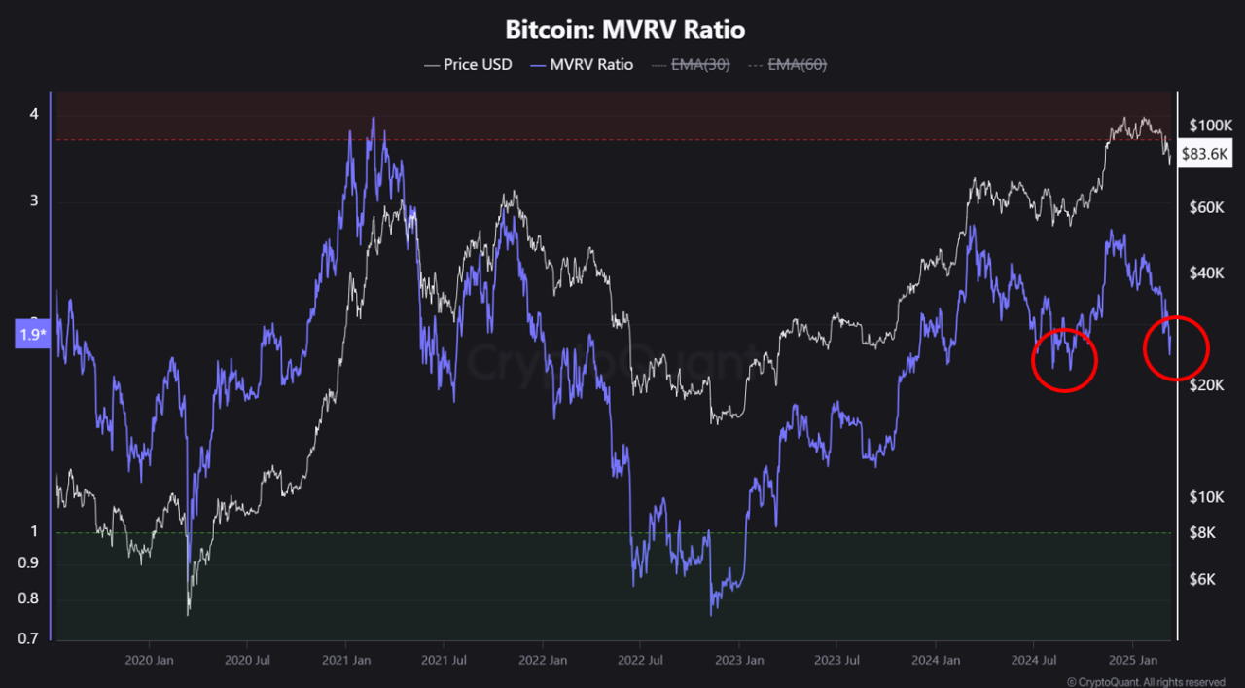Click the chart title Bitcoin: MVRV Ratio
pyautogui.click(x=624, y=30)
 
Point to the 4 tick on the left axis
pyautogui.click(x=34, y=114)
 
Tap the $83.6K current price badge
pyautogui.click(x=1205, y=154)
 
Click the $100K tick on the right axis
pyautogui.click(x=1210, y=126)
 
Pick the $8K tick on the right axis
pyautogui.click(x=1203, y=532)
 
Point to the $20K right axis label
pyautogui.click(x=1206, y=385)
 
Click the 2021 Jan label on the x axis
pyautogui.click(x=345, y=659)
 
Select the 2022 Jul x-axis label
pyautogui.click(x=640, y=659)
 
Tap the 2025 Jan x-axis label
pyautogui.click(x=1131, y=659)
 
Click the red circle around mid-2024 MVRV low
pyautogui.click(x=1064, y=360)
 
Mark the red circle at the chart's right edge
pyautogui.click(x=1175, y=347)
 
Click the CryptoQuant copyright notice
pyautogui.click(x=1146, y=682)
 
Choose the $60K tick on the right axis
pyautogui.click(x=1206, y=207)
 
